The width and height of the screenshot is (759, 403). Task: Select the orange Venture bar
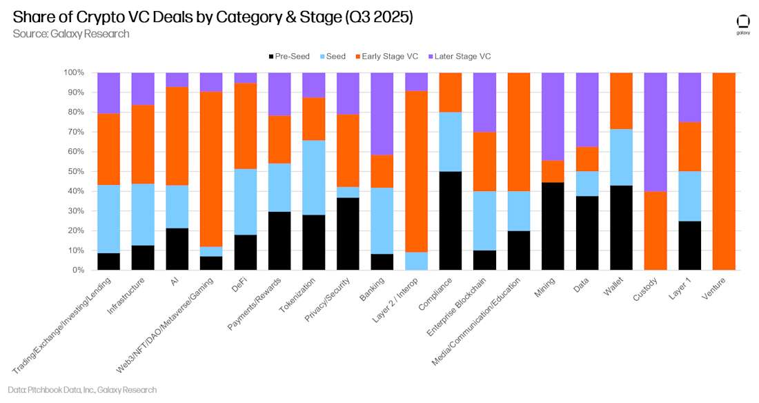(724, 171)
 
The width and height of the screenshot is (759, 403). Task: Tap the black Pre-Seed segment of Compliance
(451, 221)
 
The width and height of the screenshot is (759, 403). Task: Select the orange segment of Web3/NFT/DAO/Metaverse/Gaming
(211, 169)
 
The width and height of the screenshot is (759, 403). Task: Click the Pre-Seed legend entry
(288, 56)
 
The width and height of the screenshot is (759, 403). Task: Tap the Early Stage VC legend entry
(387, 56)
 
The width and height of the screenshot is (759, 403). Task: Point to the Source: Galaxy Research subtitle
(70, 34)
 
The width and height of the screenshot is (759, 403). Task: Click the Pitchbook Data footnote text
(83, 390)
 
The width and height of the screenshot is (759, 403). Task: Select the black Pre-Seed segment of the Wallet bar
(621, 228)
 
